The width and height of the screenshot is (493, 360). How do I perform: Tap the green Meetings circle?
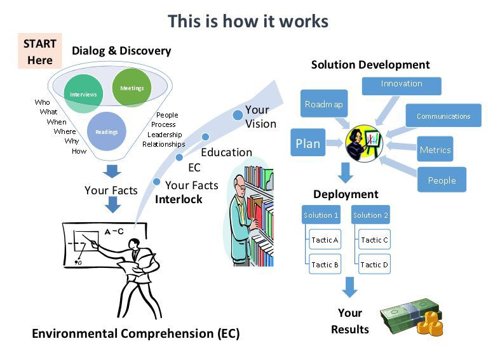point(132,88)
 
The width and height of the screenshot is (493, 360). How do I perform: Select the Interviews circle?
point(83,94)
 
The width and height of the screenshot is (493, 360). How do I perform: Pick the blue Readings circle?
point(106,131)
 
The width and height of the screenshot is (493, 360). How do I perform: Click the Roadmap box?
point(323,103)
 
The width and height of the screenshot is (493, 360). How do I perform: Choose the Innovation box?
point(401,84)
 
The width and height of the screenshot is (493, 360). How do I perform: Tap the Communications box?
point(443,116)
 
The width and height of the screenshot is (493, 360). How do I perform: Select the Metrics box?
point(435,150)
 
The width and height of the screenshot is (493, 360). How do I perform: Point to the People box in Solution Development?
point(442,180)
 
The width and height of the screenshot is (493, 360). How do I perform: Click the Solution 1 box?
point(321,215)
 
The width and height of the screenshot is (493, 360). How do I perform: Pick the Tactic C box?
point(374,241)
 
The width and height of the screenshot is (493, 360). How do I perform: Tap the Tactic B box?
point(325,264)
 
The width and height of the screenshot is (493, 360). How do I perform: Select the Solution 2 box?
point(370,215)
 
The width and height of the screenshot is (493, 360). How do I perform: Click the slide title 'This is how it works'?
point(248,21)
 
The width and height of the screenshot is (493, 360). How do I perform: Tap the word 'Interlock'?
point(179,199)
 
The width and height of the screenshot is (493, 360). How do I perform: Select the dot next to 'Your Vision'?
point(237,115)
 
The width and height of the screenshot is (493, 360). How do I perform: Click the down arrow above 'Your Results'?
point(349,288)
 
